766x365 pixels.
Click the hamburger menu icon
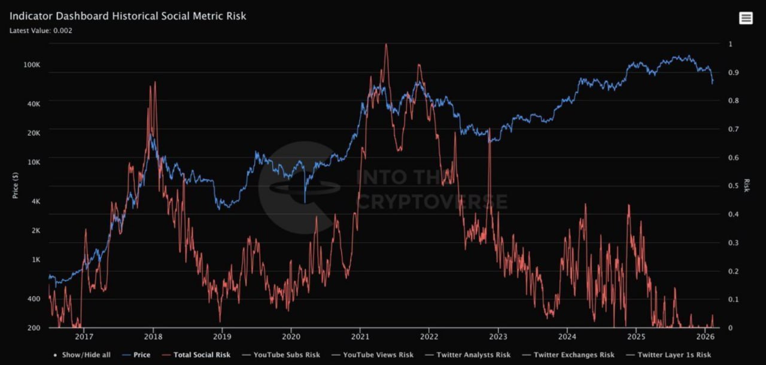coord(746,18)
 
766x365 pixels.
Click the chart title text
coord(127,16)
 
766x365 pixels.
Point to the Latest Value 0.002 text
coord(41,31)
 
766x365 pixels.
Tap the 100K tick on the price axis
coord(31,65)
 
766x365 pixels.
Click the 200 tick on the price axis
coord(34,328)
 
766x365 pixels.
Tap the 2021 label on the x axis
coord(360,337)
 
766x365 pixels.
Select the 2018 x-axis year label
coord(153,337)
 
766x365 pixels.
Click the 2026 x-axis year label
coord(705,337)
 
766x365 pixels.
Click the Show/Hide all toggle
coord(84,355)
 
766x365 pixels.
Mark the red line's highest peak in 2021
coord(386,45)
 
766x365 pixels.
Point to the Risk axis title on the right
coord(746,185)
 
